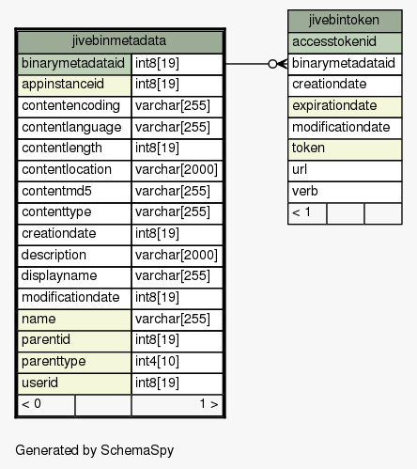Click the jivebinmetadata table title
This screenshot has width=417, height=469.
click(x=119, y=41)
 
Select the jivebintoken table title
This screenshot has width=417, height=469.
click(x=344, y=20)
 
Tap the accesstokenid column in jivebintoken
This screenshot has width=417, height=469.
click(x=345, y=42)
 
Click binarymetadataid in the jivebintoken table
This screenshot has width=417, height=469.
click(x=345, y=64)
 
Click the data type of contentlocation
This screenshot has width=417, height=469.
click(x=176, y=169)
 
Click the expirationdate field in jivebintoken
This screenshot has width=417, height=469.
click(x=345, y=106)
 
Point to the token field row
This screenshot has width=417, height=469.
click(x=345, y=149)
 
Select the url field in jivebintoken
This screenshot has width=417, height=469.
click(x=345, y=170)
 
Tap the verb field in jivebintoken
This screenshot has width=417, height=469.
click(x=345, y=192)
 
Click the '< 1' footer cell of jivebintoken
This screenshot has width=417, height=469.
click(x=307, y=213)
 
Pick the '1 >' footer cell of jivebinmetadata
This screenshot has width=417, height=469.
click(x=178, y=405)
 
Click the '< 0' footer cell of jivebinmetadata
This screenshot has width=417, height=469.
click(x=46, y=405)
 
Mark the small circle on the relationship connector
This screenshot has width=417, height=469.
click(x=272, y=64)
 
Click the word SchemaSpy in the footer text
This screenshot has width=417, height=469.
click(x=137, y=451)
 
